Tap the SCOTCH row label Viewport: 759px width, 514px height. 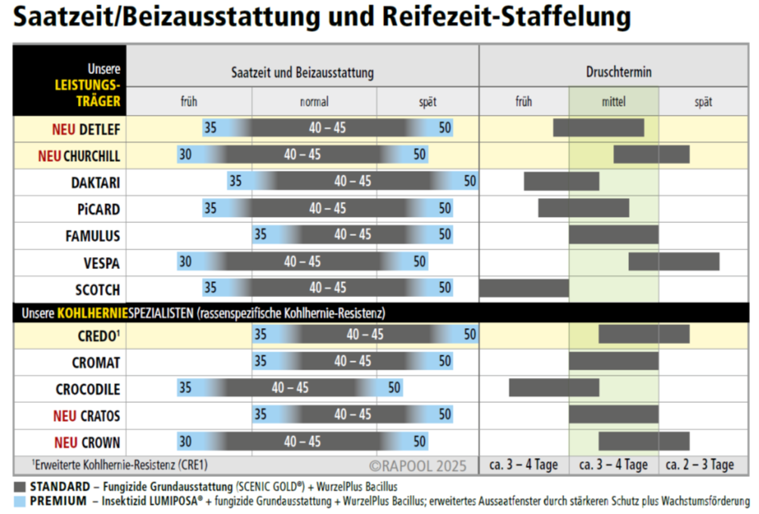98,290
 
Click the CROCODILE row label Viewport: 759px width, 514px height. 88,390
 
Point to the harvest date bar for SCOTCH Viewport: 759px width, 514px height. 524,288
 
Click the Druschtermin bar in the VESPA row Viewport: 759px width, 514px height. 674,262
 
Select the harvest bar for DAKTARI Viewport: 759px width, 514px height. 561,181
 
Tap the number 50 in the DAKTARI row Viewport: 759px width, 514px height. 470,181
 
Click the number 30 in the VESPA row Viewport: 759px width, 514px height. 185,262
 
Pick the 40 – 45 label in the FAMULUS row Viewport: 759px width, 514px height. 353,235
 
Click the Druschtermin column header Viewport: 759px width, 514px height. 618,73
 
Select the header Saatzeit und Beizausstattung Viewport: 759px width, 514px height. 302,73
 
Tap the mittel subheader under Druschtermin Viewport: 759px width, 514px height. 613,102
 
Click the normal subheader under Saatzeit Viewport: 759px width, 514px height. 314,102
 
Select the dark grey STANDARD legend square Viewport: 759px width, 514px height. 20,486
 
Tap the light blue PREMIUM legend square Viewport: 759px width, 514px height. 20,500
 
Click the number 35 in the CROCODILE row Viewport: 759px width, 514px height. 185,388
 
